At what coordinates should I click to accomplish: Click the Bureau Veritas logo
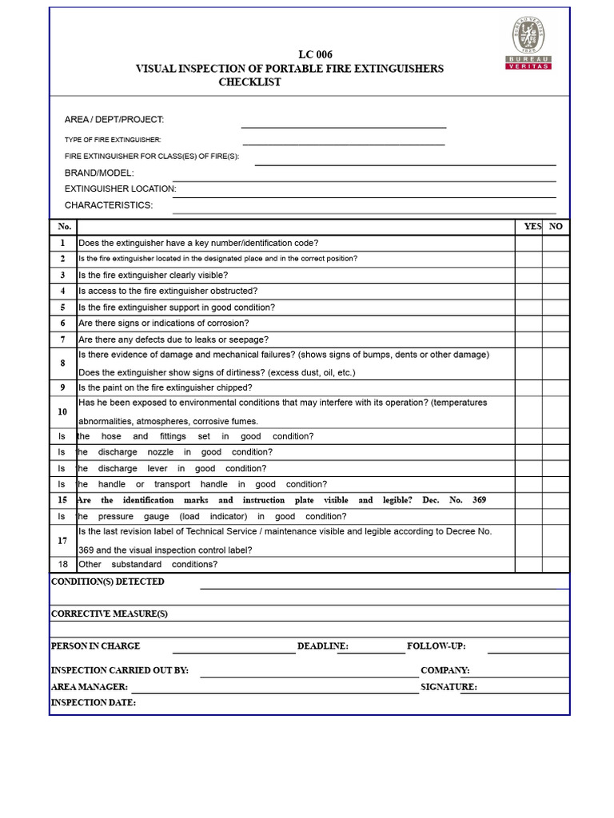pos(530,44)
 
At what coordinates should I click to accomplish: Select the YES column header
pos(532,226)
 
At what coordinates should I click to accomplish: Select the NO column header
pos(556,226)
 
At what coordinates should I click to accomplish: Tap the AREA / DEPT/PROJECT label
pos(114,120)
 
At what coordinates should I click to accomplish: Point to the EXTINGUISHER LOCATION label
pos(120,189)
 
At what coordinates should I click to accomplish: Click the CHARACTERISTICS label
pos(108,205)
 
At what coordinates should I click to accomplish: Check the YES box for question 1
pos(528,243)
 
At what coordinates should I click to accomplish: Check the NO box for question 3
pos(556,275)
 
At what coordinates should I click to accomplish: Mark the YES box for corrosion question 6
pos(528,324)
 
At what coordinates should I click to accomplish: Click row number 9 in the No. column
pos(62,387)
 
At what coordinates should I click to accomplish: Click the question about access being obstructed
pos(168,291)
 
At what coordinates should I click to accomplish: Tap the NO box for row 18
pos(556,564)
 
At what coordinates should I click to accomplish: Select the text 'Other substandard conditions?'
pos(148,564)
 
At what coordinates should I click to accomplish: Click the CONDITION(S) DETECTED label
pos(108,582)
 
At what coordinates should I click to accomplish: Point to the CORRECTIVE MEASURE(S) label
pos(110,613)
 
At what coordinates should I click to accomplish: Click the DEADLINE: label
pos(322,646)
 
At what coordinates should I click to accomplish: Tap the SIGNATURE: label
pos(449,687)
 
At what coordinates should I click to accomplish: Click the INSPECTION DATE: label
pos(94,703)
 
